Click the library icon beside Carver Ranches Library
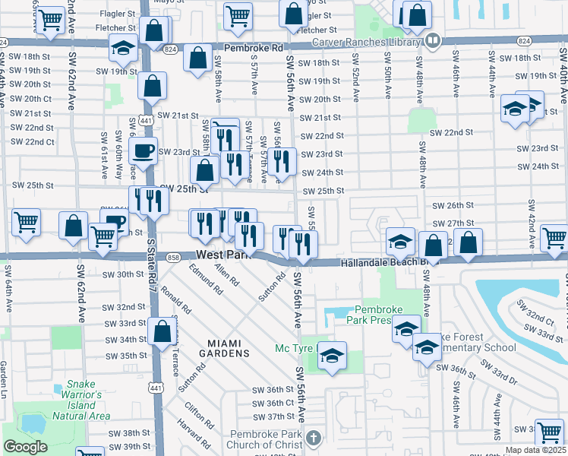(x=433, y=40)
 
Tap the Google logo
(x=25, y=447)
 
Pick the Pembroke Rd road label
(x=250, y=46)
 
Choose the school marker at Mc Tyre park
(x=332, y=356)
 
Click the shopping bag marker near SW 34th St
(x=162, y=332)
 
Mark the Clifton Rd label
(x=199, y=413)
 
